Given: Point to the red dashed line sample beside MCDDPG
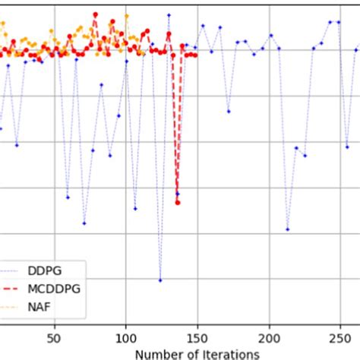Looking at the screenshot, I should (x=11, y=289).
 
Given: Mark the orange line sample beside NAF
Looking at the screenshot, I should (x=11, y=308).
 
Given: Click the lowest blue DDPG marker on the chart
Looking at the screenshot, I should (x=160, y=280).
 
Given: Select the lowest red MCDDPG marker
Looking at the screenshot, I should (x=178, y=194).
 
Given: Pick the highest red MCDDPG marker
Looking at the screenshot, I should (x=95, y=14).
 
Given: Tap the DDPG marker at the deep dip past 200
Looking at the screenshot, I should (x=288, y=229).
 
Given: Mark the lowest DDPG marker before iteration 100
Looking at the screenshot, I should (x=84, y=223).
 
